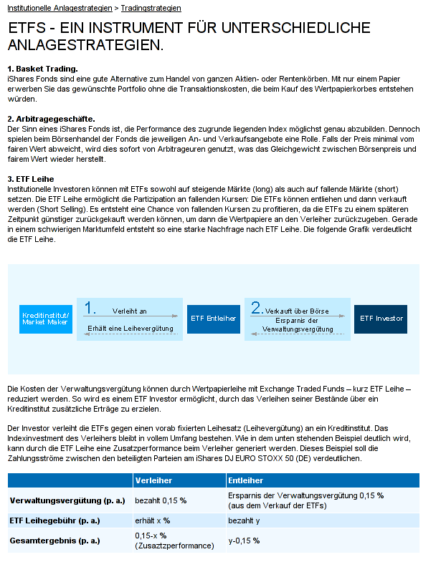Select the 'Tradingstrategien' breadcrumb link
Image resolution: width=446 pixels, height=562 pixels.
151,9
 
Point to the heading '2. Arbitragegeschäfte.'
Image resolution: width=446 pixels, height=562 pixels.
51,118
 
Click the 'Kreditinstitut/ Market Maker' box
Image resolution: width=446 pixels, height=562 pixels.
46,319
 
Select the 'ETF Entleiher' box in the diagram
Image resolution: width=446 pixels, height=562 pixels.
213,319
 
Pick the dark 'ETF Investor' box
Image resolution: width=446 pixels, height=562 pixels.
381,319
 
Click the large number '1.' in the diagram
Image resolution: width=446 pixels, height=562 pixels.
90,308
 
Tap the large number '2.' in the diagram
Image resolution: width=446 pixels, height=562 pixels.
257,308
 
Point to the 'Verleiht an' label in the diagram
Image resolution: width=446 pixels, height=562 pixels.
129,311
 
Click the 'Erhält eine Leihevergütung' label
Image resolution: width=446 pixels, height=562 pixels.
131,329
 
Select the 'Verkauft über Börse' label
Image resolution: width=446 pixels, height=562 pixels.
297,311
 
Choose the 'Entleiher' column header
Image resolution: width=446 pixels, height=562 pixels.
245,480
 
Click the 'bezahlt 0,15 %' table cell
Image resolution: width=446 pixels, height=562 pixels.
161,500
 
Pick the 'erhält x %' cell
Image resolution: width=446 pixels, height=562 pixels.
152,520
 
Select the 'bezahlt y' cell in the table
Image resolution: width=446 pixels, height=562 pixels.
244,520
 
